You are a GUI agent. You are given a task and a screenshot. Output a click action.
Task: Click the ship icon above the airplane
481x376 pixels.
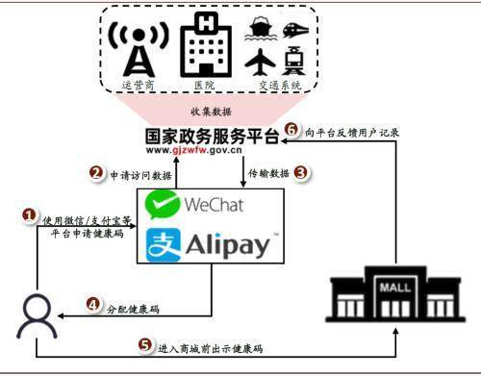(259, 28)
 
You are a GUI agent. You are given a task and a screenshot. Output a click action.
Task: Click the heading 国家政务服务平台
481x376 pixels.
(211, 135)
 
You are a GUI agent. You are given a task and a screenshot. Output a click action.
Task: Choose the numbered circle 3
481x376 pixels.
(301, 173)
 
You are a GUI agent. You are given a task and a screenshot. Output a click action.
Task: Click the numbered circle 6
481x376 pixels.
(293, 132)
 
